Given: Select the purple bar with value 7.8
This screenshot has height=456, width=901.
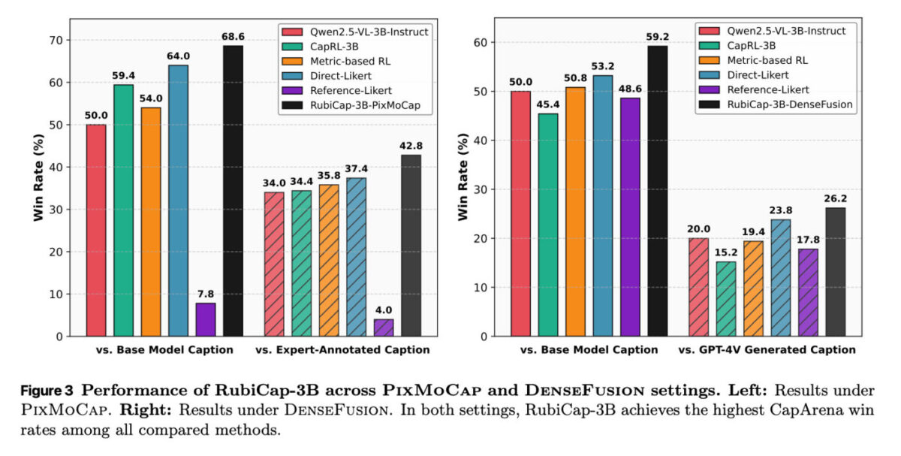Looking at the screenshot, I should pos(206,319).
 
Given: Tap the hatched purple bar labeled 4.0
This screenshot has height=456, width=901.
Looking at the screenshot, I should pos(383,328).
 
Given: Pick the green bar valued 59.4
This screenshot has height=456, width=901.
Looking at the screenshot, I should pos(123,210).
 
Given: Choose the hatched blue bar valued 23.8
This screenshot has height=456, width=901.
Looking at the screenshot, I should pos(781,278).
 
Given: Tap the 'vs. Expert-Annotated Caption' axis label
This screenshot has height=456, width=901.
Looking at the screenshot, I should pos(342,350).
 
